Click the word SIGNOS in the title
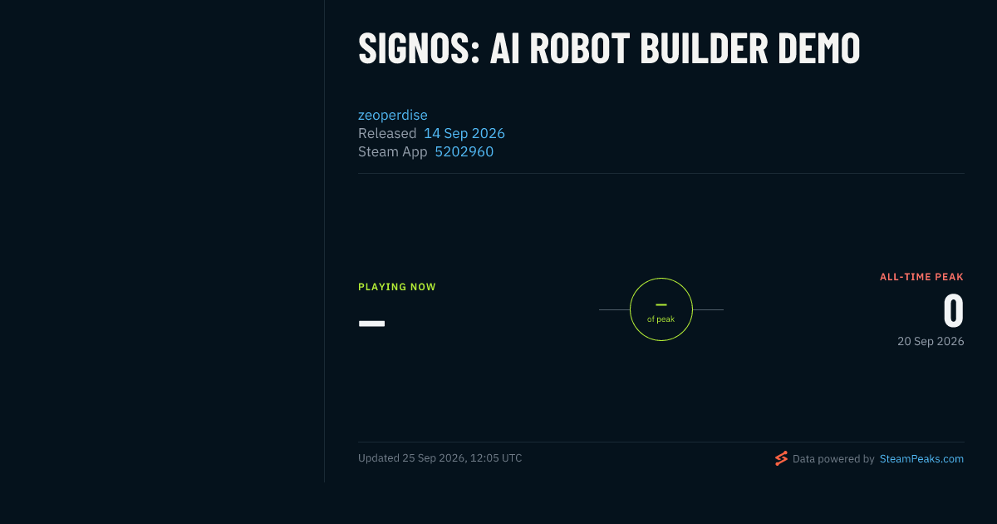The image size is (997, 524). pyautogui.click(x=419, y=48)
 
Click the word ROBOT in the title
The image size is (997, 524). pyautogui.click(x=580, y=48)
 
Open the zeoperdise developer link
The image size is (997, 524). pyautogui.click(x=392, y=115)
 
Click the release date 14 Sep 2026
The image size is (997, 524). pyautogui.click(x=464, y=133)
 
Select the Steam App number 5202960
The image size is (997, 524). pyautogui.click(x=464, y=151)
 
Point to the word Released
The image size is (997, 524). pyautogui.click(x=387, y=133)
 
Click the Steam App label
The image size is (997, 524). pyautogui.click(x=392, y=152)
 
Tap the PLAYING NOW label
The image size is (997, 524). pyautogui.click(x=397, y=287)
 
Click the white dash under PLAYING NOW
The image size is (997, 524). pyautogui.click(x=371, y=324)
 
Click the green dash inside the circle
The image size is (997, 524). pyautogui.click(x=661, y=304)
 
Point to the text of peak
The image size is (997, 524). pyautogui.click(x=661, y=319)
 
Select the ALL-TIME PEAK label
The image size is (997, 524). pyautogui.click(x=921, y=277)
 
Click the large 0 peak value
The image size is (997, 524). pyautogui.click(x=954, y=310)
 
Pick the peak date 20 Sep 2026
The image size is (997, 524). pyautogui.click(x=931, y=341)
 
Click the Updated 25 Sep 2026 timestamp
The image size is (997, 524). pyautogui.click(x=440, y=458)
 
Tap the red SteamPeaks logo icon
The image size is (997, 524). pyautogui.click(x=781, y=458)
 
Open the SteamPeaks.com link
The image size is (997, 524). pyautogui.click(x=921, y=459)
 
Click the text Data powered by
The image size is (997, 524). pyautogui.click(x=833, y=459)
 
